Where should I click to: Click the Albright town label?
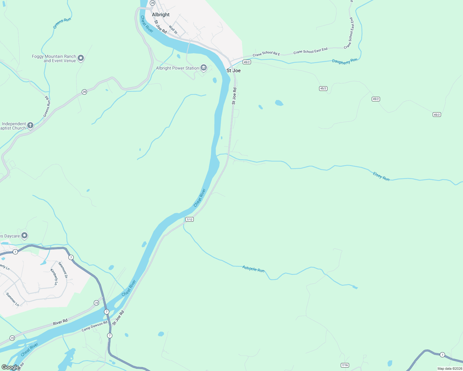[161, 15]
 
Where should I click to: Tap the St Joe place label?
[233, 70]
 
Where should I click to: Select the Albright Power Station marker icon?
[204, 68]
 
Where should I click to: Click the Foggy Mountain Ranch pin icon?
[81, 58]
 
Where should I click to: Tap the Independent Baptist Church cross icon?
[30, 125]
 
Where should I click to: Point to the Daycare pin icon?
[25, 236]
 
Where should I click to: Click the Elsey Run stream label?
[381, 177]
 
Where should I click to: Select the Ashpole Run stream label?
[253, 269]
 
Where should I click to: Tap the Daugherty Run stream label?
[344, 61]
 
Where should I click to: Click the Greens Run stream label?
[62, 23]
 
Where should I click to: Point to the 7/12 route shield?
[189, 220]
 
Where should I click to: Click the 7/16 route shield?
[345, 365]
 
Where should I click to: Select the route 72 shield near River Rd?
[97, 303]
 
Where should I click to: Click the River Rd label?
[60, 322]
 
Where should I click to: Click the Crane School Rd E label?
[266, 54]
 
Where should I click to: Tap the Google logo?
[10, 367]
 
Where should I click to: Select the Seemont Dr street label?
[63, 270]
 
